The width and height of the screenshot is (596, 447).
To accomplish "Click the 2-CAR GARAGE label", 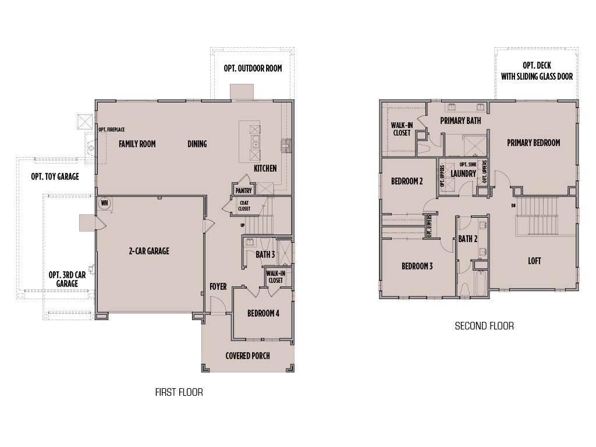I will coord(149,251).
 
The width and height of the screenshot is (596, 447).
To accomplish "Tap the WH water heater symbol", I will coord(105,203).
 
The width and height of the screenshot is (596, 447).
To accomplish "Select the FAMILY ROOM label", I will coord(137,144).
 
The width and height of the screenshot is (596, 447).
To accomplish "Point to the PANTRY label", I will coord(243,190).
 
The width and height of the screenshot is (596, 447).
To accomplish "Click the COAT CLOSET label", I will coord(244,205).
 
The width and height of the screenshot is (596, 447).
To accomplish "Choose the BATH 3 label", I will coord(265,254).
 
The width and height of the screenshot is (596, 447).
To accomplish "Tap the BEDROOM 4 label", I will coord(263,313).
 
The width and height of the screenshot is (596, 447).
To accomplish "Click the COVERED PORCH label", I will coord(247,356).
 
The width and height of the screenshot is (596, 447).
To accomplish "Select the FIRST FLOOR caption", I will coord(179,392).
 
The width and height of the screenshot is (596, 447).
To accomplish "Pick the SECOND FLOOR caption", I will coord(484,326).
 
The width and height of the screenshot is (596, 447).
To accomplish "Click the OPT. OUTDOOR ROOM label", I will coord(253,69).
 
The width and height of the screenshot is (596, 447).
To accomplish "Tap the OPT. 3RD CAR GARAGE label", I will coord(63,279).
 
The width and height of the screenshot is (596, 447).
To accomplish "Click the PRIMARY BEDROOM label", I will coord(533,143).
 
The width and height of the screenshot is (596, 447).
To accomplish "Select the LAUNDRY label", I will coord(463,173).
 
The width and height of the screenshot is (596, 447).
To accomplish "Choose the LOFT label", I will coord(534,261).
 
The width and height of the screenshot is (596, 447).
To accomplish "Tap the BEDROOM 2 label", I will coord(407,181).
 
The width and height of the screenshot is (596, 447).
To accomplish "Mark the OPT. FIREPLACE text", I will coord(111,130).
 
